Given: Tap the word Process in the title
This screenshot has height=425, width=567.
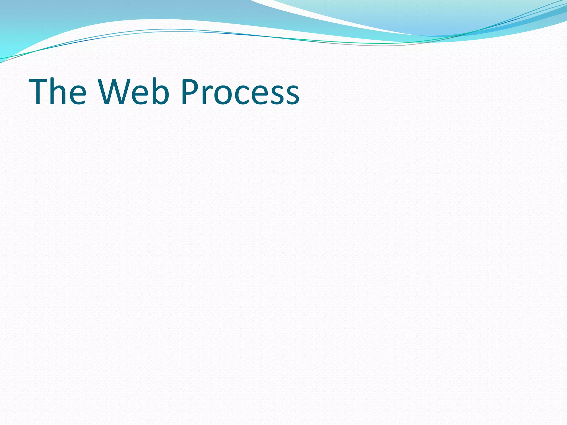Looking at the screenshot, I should tap(240, 92).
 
